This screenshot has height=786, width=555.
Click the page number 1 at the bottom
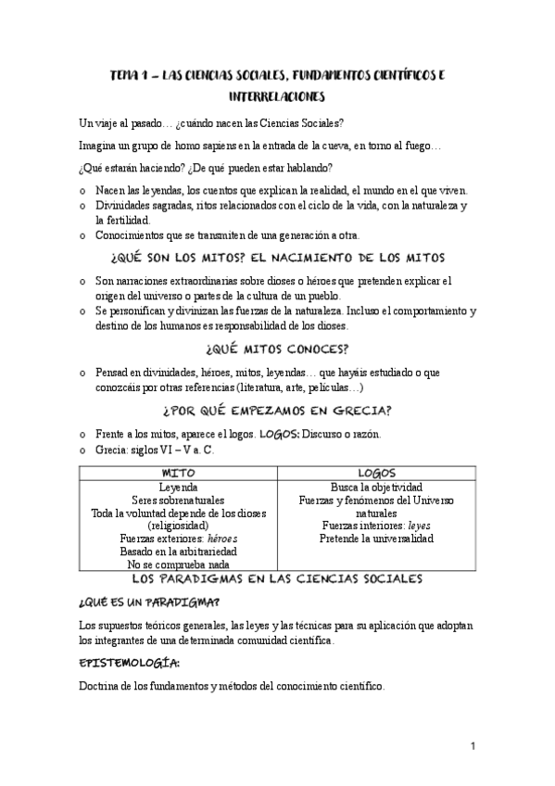pyautogui.click(x=473, y=745)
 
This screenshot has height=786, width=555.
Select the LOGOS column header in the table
pyautogui.click(x=376, y=472)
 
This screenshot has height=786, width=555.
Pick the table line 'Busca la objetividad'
pyautogui.click(x=376, y=486)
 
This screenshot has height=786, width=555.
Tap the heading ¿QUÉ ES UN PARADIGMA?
pyautogui.click(x=142, y=603)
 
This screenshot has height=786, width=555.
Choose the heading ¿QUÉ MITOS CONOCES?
pyautogui.click(x=278, y=349)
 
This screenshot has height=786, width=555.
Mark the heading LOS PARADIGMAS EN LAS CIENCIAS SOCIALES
pyautogui.click(x=278, y=578)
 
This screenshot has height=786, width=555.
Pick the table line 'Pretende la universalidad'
pyautogui.click(x=376, y=538)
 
